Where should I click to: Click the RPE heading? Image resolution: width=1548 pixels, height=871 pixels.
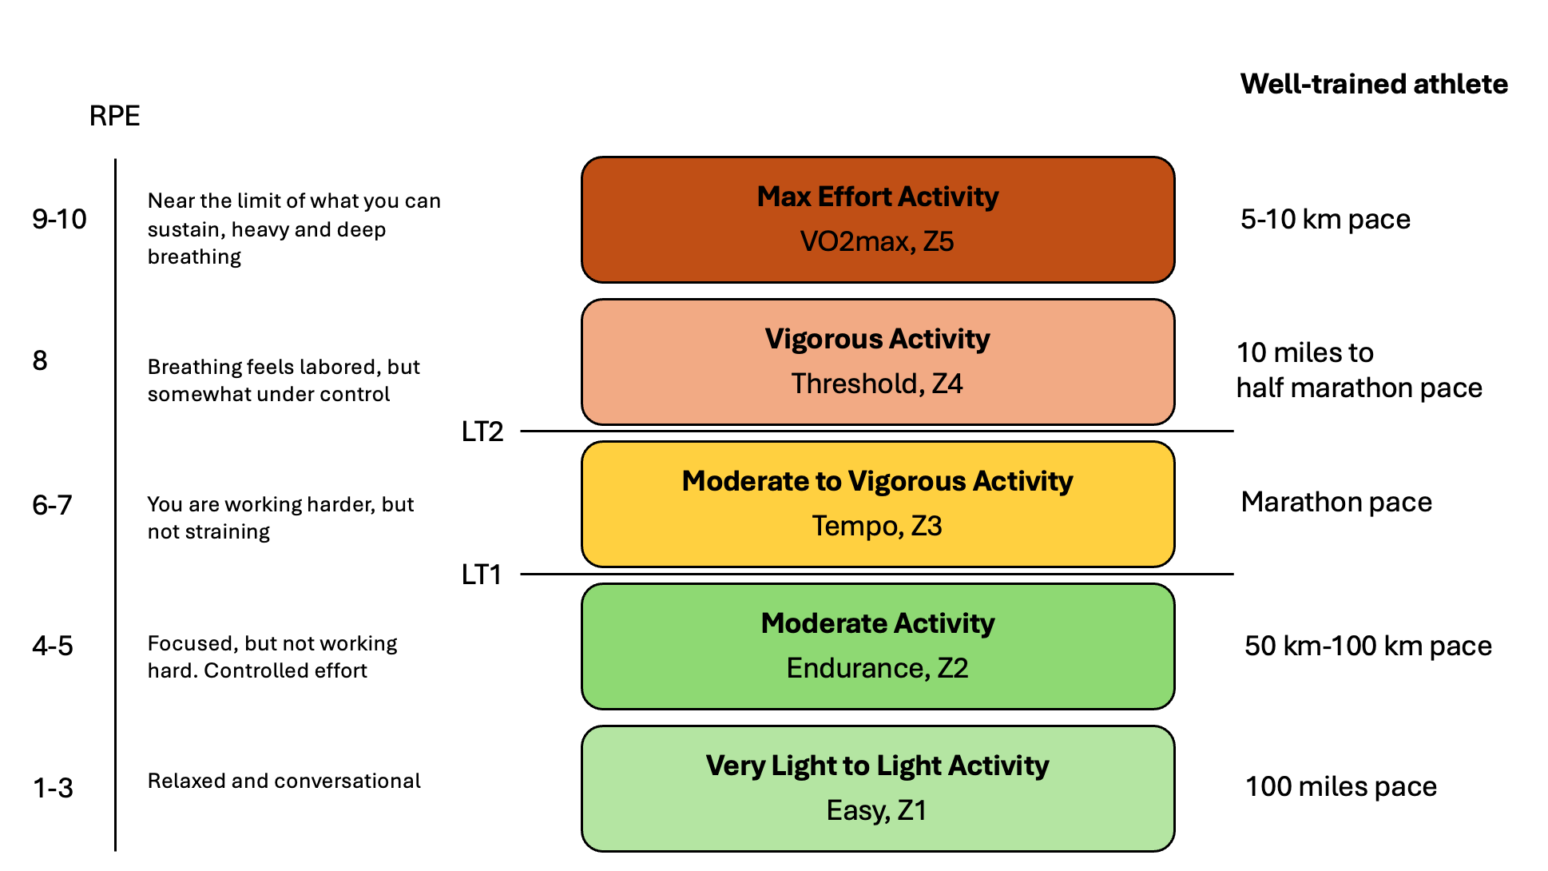pyautogui.click(x=114, y=116)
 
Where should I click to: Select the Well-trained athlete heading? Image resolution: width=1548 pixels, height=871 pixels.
pyautogui.click(x=1373, y=84)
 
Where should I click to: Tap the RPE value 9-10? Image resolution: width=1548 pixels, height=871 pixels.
pyautogui.click(x=59, y=219)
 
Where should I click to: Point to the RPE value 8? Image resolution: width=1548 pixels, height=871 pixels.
pyautogui.click(x=40, y=361)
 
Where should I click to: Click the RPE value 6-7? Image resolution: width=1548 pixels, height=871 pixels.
pyautogui.click(x=52, y=505)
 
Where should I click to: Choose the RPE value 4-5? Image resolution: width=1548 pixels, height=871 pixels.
pyautogui.click(x=53, y=646)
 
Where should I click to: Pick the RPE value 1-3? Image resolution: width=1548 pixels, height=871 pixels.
pyautogui.click(x=53, y=788)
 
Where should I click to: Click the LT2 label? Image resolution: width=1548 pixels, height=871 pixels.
pyautogui.click(x=482, y=432)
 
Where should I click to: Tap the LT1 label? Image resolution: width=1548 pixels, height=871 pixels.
pyautogui.click(x=482, y=575)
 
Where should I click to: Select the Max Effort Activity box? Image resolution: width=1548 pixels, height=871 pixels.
pyautogui.click(x=877, y=220)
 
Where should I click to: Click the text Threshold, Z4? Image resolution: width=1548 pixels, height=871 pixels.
pyautogui.click(x=877, y=384)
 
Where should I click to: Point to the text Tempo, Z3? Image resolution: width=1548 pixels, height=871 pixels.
pyautogui.click(x=877, y=527)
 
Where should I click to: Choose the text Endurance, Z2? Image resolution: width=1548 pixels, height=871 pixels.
pyautogui.click(x=877, y=669)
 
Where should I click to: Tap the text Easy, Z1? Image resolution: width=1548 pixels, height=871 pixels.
pyautogui.click(x=877, y=811)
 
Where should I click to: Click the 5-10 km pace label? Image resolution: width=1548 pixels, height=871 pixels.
pyautogui.click(x=1324, y=219)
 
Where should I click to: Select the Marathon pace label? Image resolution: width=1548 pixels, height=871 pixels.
pyautogui.click(x=1336, y=502)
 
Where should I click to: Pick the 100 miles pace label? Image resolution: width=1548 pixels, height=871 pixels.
pyautogui.click(x=1340, y=787)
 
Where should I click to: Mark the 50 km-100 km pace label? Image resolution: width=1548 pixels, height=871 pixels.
pyautogui.click(x=1367, y=646)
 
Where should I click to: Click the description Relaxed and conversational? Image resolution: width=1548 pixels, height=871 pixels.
pyautogui.click(x=284, y=781)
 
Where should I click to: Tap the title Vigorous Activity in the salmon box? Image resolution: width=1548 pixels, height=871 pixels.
pyautogui.click(x=877, y=339)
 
